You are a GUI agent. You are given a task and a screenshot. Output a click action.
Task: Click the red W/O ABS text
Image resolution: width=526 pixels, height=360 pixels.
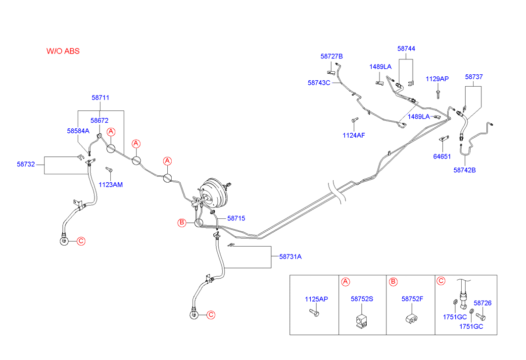click(63, 51)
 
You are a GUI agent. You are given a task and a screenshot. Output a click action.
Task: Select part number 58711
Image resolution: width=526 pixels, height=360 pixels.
click(100, 98)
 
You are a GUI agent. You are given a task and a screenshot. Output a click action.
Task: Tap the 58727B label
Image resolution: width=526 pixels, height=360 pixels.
click(332, 56)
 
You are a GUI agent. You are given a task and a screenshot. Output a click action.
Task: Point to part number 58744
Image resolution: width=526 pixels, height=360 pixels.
click(406, 49)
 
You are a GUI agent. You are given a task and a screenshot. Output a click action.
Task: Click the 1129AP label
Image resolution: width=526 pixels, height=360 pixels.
click(437, 79)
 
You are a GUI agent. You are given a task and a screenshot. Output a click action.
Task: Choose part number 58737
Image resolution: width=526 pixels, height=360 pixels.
click(474, 77)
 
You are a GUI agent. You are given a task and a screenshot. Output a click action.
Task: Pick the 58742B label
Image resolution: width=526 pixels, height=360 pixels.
click(465, 170)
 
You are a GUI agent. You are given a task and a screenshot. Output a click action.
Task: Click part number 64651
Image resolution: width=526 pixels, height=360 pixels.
click(442, 156)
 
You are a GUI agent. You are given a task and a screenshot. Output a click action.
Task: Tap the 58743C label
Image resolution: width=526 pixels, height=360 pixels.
click(319, 83)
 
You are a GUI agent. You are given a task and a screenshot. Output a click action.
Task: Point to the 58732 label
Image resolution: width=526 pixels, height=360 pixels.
click(26, 164)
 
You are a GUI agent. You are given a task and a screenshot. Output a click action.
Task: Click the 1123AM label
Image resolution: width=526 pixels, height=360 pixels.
click(110, 185)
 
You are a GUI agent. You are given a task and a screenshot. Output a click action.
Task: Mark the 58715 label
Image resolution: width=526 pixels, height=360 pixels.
click(237, 218)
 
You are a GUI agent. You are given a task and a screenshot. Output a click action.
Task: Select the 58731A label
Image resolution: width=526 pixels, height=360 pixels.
click(290, 257)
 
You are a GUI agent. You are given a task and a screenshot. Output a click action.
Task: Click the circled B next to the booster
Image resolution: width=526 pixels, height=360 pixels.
click(182, 223)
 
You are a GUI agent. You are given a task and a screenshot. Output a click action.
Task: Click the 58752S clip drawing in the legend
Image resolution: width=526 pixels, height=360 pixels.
click(362, 321)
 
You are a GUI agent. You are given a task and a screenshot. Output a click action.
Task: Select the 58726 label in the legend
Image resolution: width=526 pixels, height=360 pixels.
click(482, 303)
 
